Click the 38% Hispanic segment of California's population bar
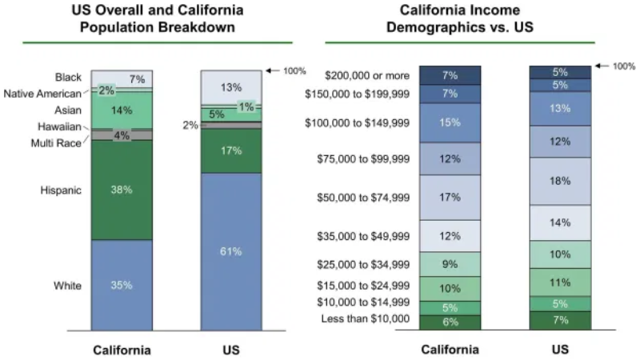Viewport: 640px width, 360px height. [122, 190]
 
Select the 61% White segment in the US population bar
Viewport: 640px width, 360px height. [230, 251]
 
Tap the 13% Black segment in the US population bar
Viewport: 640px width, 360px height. [230, 87]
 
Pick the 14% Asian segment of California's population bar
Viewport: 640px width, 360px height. [122, 111]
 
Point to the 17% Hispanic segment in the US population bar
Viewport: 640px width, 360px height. [230, 150]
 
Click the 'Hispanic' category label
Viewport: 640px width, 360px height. [61, 190]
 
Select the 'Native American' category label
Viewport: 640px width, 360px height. [46, 94]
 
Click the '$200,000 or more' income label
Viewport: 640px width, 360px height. [368, 75]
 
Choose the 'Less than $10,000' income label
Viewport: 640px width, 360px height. [369, 319]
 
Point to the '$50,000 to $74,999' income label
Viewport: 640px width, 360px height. [363, 197]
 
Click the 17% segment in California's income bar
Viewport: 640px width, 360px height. [450, 197]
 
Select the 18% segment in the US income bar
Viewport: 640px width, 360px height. [561, 181]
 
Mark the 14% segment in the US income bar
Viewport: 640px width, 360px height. [561, 223]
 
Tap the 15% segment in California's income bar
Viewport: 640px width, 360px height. [450, 122]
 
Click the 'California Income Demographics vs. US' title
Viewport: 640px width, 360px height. [460, 18]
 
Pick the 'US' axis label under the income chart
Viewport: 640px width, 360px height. [561, 350]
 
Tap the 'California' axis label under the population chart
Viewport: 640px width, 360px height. [122, 350]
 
